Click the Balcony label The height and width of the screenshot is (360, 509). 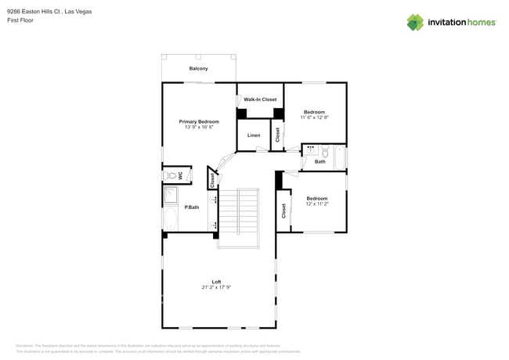[x=198, y=69]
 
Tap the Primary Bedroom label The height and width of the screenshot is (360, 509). [x=199, y=122]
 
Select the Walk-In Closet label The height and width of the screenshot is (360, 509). [x=260, y=99]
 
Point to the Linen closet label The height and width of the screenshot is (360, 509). [x=254, y=135]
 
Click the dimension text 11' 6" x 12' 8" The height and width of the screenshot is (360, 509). [x=315, y=118]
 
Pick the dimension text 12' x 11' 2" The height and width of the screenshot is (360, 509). [x=317, y=204]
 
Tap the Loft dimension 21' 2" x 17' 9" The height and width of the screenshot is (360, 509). [x=216, y=287]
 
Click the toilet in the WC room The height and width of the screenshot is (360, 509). [x=168, y=175]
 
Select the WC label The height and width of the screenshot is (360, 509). [x=181, y=175]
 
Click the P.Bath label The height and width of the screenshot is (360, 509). [x=191, y=207]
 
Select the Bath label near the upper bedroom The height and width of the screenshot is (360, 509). [x=320, y=161]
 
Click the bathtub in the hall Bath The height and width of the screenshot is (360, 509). [x=339, y=157]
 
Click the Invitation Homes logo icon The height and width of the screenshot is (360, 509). [x=415, y=23]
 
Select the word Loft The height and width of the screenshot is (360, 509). [x=216, y=282]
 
